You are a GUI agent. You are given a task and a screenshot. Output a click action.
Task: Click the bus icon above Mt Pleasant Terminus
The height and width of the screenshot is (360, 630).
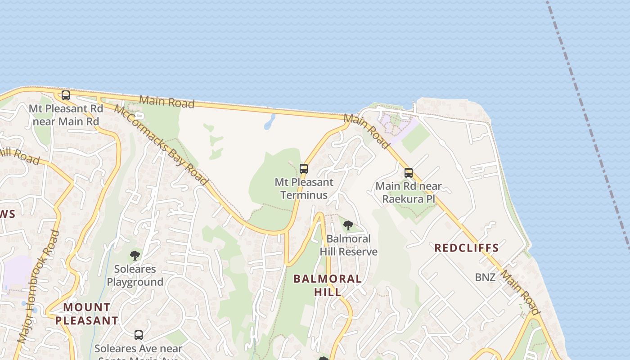(304, 169)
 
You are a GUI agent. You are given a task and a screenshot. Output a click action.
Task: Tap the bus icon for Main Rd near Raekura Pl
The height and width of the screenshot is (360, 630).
(409, 172)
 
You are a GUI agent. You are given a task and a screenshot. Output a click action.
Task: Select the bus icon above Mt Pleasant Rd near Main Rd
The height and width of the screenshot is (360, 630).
(66, 95)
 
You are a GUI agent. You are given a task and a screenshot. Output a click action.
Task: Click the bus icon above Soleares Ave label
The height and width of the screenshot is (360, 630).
(139, 335)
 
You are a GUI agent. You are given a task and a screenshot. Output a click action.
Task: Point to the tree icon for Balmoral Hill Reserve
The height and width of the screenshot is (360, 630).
(348, 225)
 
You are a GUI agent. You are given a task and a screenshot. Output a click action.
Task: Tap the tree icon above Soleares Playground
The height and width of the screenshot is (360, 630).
(135, 256)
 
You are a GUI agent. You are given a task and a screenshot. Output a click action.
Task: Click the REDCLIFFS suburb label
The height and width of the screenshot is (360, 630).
(466, 247)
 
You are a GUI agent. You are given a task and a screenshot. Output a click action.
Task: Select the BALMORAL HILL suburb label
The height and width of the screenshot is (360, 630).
(328, 285)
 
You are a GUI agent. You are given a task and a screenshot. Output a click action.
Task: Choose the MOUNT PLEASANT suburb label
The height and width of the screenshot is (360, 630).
(87, 314)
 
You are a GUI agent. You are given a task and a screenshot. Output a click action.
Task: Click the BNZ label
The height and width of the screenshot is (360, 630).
(485, 277)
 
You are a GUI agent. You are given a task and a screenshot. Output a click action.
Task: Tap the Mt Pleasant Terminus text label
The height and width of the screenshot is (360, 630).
(304, 189)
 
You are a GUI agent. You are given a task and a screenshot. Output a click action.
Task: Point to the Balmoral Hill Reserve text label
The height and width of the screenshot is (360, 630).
(349, 245)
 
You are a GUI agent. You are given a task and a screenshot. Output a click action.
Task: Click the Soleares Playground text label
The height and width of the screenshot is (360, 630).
(135, 275)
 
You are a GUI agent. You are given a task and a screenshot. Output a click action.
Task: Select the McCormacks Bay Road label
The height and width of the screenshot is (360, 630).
(161, 145)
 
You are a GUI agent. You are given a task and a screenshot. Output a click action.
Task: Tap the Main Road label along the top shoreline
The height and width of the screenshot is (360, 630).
(167, 101)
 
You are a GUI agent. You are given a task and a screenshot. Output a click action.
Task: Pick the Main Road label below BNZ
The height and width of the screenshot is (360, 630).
(520, 292)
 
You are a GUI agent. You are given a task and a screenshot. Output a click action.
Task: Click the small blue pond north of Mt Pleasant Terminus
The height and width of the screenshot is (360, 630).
(270, 121)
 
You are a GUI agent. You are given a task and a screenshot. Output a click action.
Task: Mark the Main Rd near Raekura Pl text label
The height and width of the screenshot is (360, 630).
(409, 192)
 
